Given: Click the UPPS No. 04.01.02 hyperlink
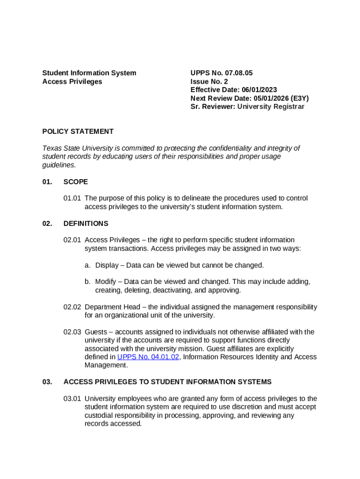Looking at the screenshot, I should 148,357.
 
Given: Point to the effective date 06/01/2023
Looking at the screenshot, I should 259,90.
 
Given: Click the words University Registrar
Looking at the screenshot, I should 271,107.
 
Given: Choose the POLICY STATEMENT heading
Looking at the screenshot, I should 78,131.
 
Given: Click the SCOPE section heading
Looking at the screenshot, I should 75,181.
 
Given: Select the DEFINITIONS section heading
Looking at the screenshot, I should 86,224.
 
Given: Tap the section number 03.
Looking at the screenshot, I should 47,382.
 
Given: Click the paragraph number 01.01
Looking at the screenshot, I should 72,198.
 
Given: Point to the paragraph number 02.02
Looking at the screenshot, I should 72,307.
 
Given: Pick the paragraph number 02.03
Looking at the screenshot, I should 72,332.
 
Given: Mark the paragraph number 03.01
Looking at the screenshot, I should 72,399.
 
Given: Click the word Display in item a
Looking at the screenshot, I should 107,265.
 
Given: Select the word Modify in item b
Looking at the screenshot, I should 106,282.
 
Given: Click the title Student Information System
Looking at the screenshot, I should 89,73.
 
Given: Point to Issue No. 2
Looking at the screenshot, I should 209,81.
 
